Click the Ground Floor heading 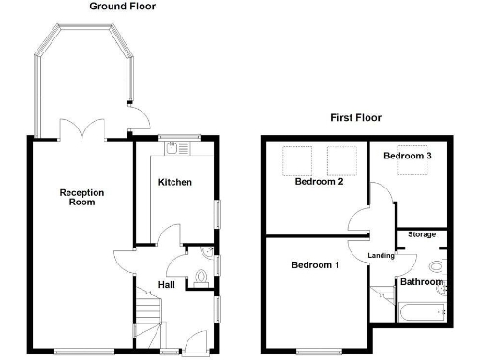pyautogui.click(x=123, y=7)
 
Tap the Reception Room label pyautogui.click(x=82, y=197)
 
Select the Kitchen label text pyautogui.click(x=175, y=182)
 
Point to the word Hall pyautogui.click(x=165, y=285)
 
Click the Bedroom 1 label pyautogui.click(x=315, y=265)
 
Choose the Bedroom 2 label pyautogui.click(x=319, y=183)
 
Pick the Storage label pyautogui.click(x=422, y=235)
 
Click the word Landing pyautogui.click(x=381, y=255)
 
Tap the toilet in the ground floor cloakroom pyautogui.click(x=202, y=277)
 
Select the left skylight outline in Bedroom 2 pyautogui.click(x=297, y=160)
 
